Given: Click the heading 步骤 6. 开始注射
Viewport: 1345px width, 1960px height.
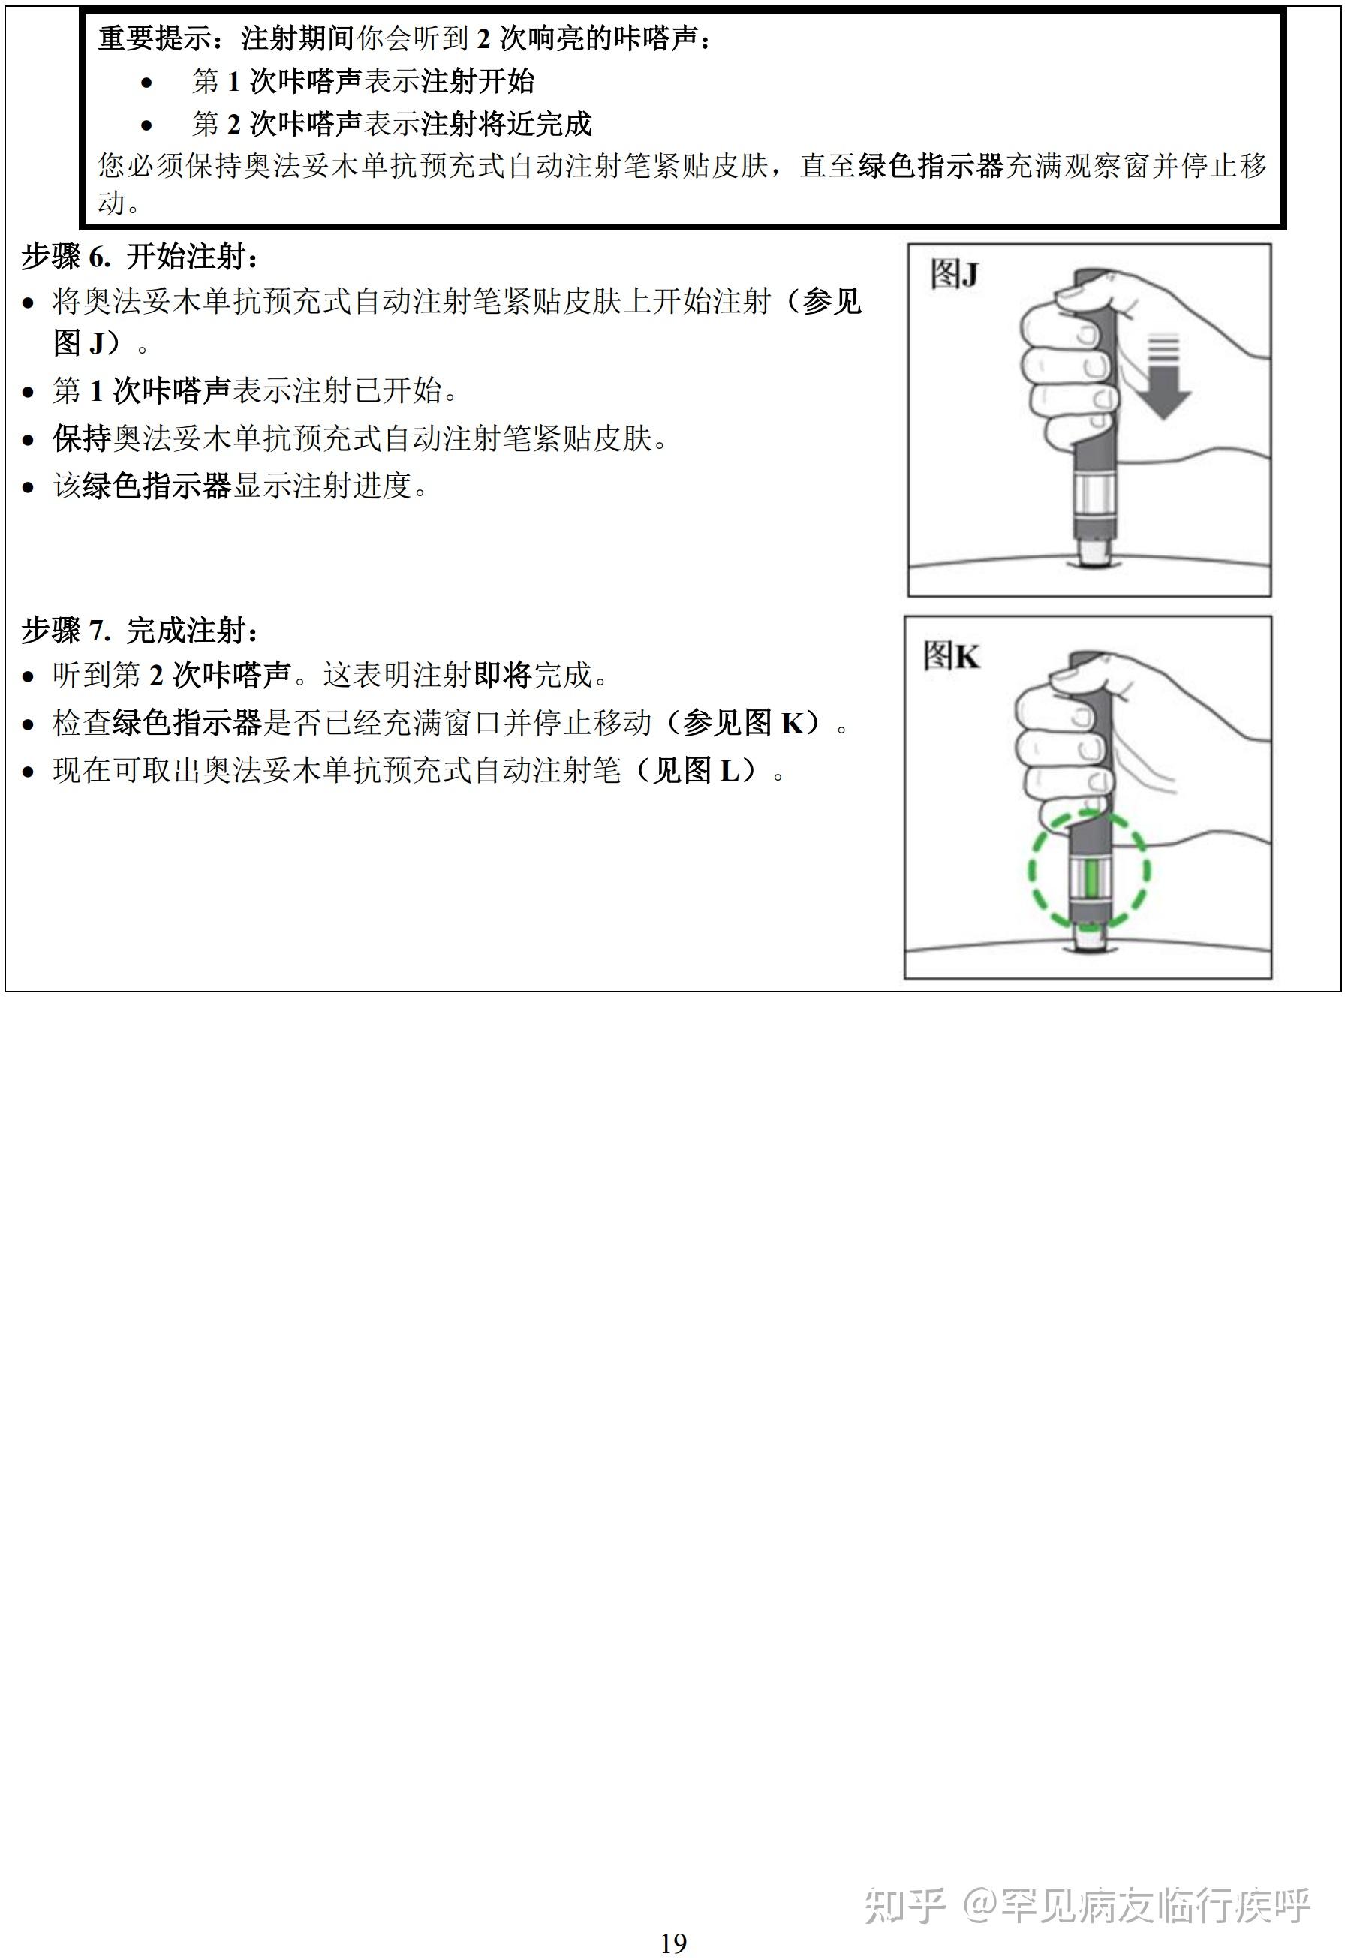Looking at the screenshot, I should (x=139, y=257).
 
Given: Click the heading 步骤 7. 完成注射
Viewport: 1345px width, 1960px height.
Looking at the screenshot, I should (x=139, y=630).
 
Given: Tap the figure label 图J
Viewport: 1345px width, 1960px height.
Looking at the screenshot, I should (x=954, y=274).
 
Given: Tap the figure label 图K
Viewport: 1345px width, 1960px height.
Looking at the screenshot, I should (x=951, y=655).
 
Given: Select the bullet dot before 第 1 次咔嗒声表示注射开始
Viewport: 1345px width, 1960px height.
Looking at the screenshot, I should (x=146, y=83).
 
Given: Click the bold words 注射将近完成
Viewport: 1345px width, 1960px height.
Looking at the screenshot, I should (x=506, y=124).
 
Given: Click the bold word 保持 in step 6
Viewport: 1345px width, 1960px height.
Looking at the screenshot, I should (x=82, y=438).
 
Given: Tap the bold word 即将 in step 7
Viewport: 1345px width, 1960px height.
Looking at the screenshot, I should (x=503, y=674).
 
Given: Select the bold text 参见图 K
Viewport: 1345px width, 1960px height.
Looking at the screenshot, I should (x=750, y=722).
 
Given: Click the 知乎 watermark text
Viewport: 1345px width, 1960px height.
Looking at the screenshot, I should (x=903, y=1905).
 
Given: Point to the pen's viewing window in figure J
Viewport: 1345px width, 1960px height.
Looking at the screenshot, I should (x=1094, y=497).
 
